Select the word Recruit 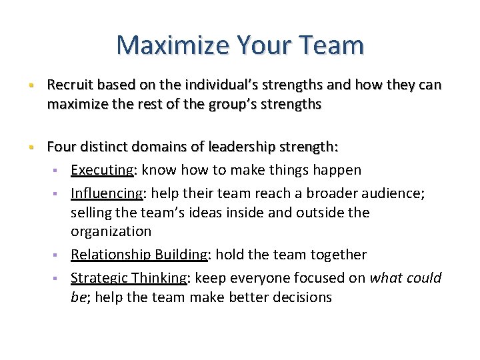[69, 85]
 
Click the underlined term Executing [102, 170]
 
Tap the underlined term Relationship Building [139, 255]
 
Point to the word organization [111, 231]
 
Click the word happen [337, 170]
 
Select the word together [337, 255]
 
